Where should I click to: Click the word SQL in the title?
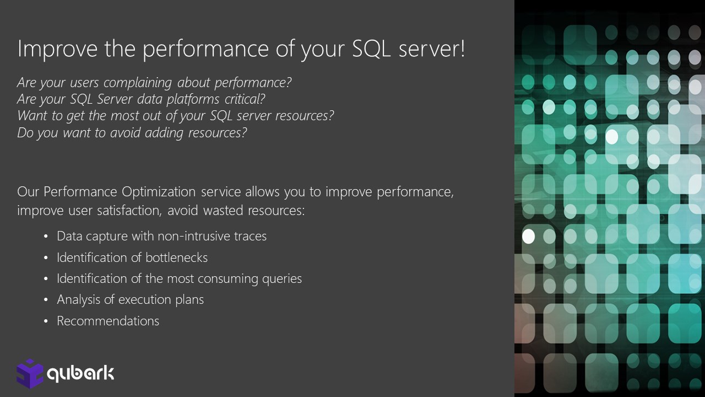[371, 49]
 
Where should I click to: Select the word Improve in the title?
[57, 50]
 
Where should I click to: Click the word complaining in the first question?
[138, 83]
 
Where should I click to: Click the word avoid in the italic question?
[125, 133]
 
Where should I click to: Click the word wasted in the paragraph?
[223, 211]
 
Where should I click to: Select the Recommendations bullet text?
[108, 321]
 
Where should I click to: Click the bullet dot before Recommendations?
[46, 321]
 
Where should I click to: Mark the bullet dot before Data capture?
[46, 237]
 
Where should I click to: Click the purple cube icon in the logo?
[30, 374]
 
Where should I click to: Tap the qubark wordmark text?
[80, 374]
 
